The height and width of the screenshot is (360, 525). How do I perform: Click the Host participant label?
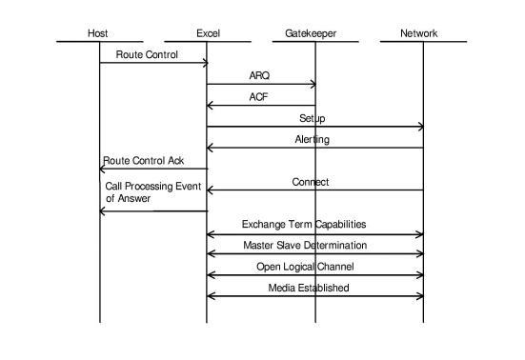point(98,33)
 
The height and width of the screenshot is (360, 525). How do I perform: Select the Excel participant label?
point(208,33)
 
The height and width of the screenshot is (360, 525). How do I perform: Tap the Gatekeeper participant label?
point(311,33)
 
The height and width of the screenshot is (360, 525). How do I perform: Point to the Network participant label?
point(419,33)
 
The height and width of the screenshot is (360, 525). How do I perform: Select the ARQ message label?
point(259,75)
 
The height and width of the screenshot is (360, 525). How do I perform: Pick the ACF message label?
point(259,96)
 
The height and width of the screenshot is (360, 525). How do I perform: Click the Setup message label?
point(313,118)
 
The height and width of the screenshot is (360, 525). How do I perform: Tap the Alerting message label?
point(313,139)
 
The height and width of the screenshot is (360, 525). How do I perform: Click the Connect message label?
point(311,181)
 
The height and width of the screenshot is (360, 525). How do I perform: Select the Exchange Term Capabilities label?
point(303,225)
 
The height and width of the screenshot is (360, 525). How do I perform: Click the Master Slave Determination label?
point(305,246)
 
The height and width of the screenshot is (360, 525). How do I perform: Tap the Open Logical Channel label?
point(304,267)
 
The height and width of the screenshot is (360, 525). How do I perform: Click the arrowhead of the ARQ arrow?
point(313,85)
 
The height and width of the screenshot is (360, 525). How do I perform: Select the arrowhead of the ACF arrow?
point(211,106)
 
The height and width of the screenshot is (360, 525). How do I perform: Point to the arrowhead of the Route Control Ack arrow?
point(103,169)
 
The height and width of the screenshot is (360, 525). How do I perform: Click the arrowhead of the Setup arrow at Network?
point(420,127)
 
